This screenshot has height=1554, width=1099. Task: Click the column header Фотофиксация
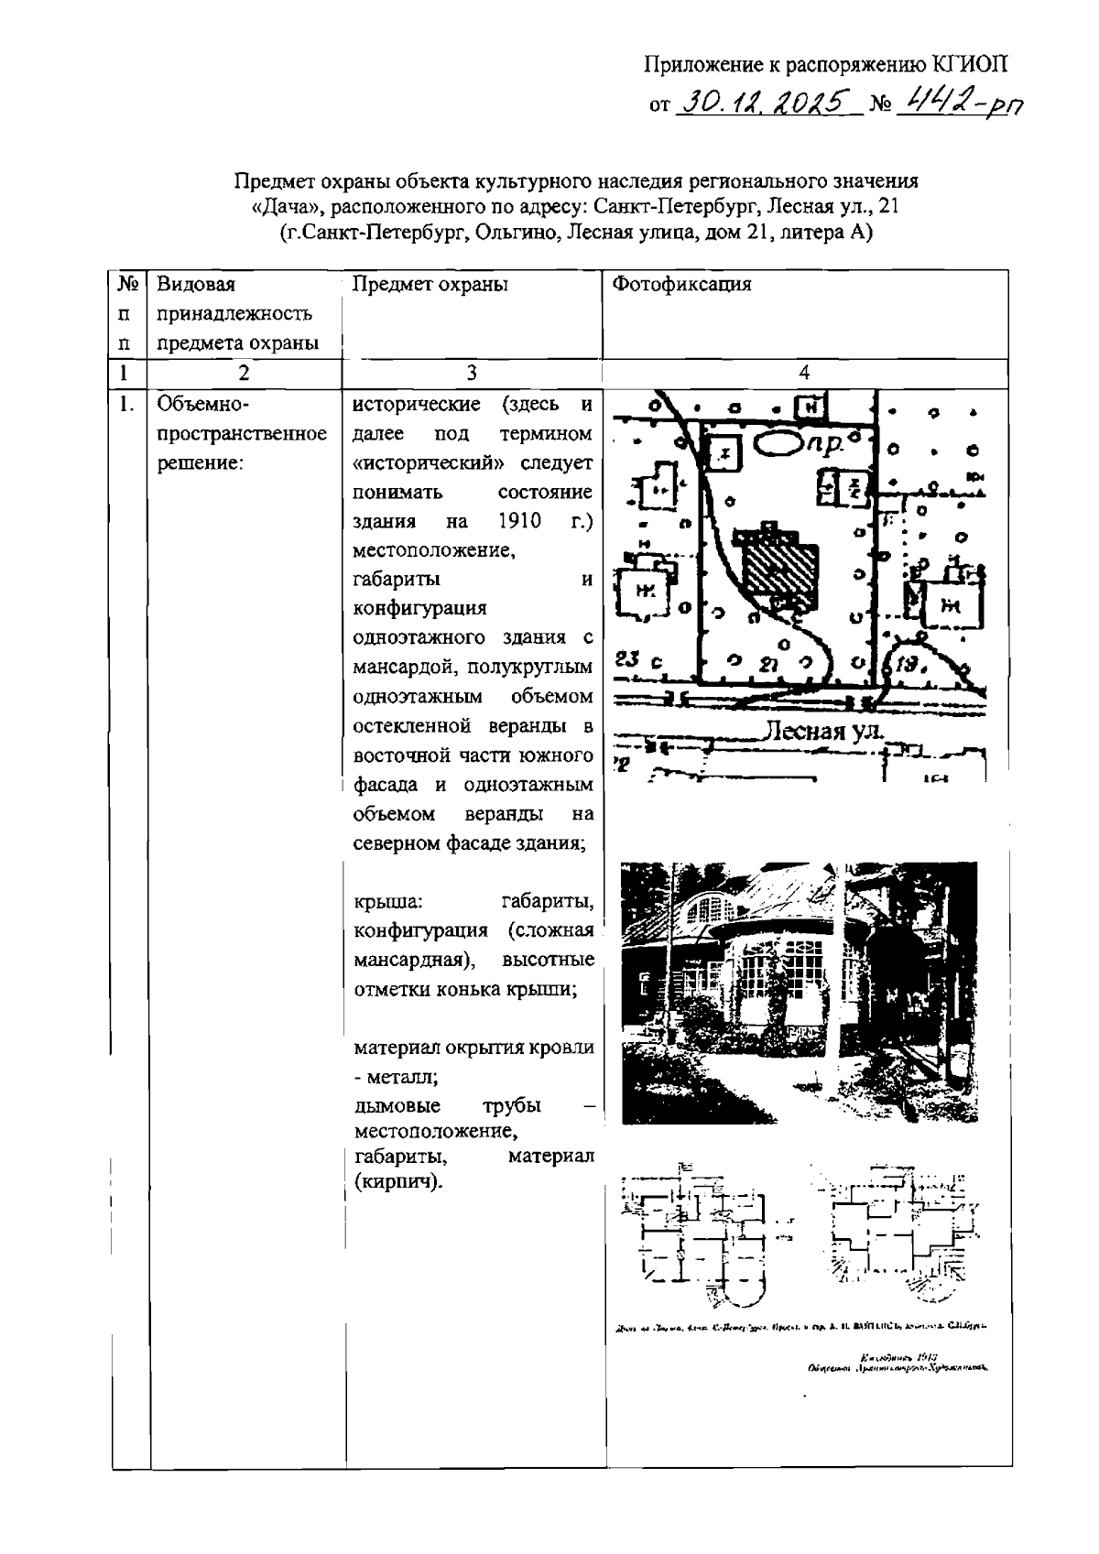pyautogui.click(x=681, y=284)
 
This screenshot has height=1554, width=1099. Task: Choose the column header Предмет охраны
pyautogui.click(x=430, y=284)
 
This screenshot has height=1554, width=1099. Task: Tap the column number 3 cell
pyautogui.click(x=471, y=373)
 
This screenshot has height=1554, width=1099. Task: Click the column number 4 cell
pyautogui.click(x=804, y=373)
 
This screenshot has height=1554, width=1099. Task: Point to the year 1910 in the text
pyautogui.click(x=520, y=521)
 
